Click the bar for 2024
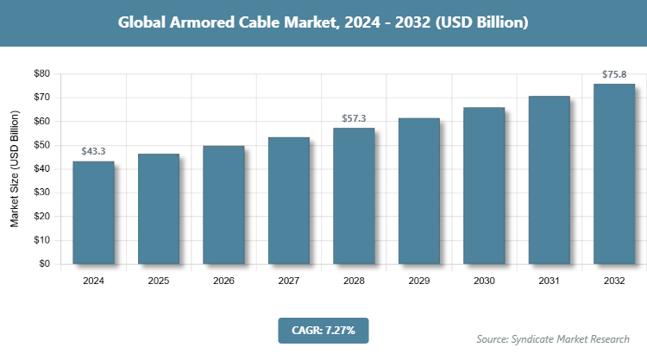pos(93,212)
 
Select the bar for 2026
pos(223,205)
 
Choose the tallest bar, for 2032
pos(614,174)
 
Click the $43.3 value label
pos(93,151)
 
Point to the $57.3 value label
pos(354,117)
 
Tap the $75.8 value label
pos(614,74)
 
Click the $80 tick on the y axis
pos(41,74)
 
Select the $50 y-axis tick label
pos(41,145)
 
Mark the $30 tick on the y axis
pos(41,193)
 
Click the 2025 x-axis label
pos(159,281)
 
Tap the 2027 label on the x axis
pos(289,281)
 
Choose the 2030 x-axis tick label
pos(484,281)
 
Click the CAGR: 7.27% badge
pos(323,330)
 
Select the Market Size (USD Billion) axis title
pos(15,169)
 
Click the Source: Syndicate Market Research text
pos(553,338)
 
